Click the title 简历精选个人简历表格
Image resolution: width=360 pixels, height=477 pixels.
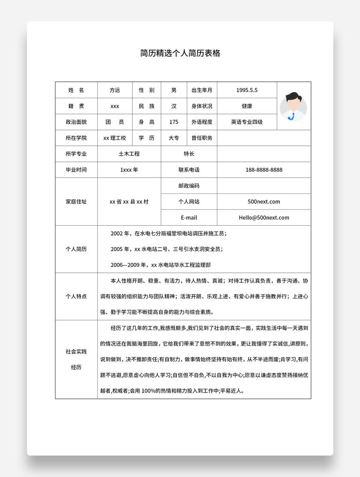[180, 53]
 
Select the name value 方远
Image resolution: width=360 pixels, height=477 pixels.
[115, 90]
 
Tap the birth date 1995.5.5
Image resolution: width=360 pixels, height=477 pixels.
[247, 90]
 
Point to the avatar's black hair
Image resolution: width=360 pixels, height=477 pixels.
[293, 97]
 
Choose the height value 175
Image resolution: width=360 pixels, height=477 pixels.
[174, 122]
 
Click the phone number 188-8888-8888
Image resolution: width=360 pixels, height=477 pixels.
[264, 169]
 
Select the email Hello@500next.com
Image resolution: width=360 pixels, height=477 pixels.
[264, 217]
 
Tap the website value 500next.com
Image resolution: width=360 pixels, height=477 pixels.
[264, 202]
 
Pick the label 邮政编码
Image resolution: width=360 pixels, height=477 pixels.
[189, 186]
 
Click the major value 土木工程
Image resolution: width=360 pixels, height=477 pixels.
[129, 154]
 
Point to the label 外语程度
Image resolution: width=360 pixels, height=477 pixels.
[202, 122]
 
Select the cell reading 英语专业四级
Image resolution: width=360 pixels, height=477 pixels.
[247, 122]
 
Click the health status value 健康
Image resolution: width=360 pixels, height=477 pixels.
[247, 106]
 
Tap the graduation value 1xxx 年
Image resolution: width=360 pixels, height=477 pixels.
[129, 169]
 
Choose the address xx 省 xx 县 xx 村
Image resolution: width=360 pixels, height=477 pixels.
[129, 202]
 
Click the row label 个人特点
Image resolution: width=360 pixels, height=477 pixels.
[76, 296]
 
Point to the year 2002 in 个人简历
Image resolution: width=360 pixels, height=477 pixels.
[117, 234]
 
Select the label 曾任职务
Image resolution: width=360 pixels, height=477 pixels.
[202, 138]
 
